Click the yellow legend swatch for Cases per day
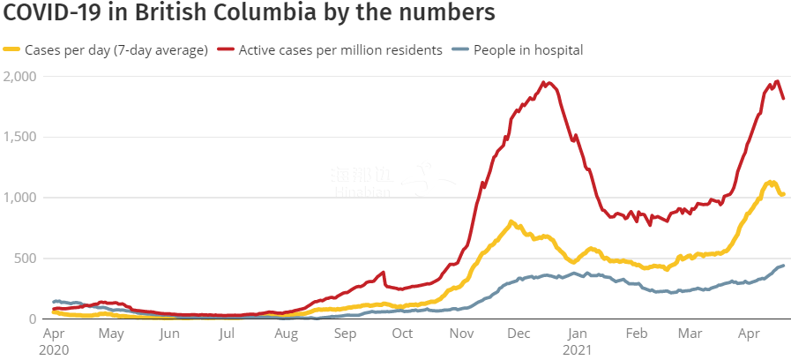coord(12,50)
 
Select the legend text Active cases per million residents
coord(340,50)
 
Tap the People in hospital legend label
coord(528,50)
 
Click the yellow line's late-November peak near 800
coord(511,221)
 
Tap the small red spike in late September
coord(384,273)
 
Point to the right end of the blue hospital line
coord(783,266)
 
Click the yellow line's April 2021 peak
coord(771,183)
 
